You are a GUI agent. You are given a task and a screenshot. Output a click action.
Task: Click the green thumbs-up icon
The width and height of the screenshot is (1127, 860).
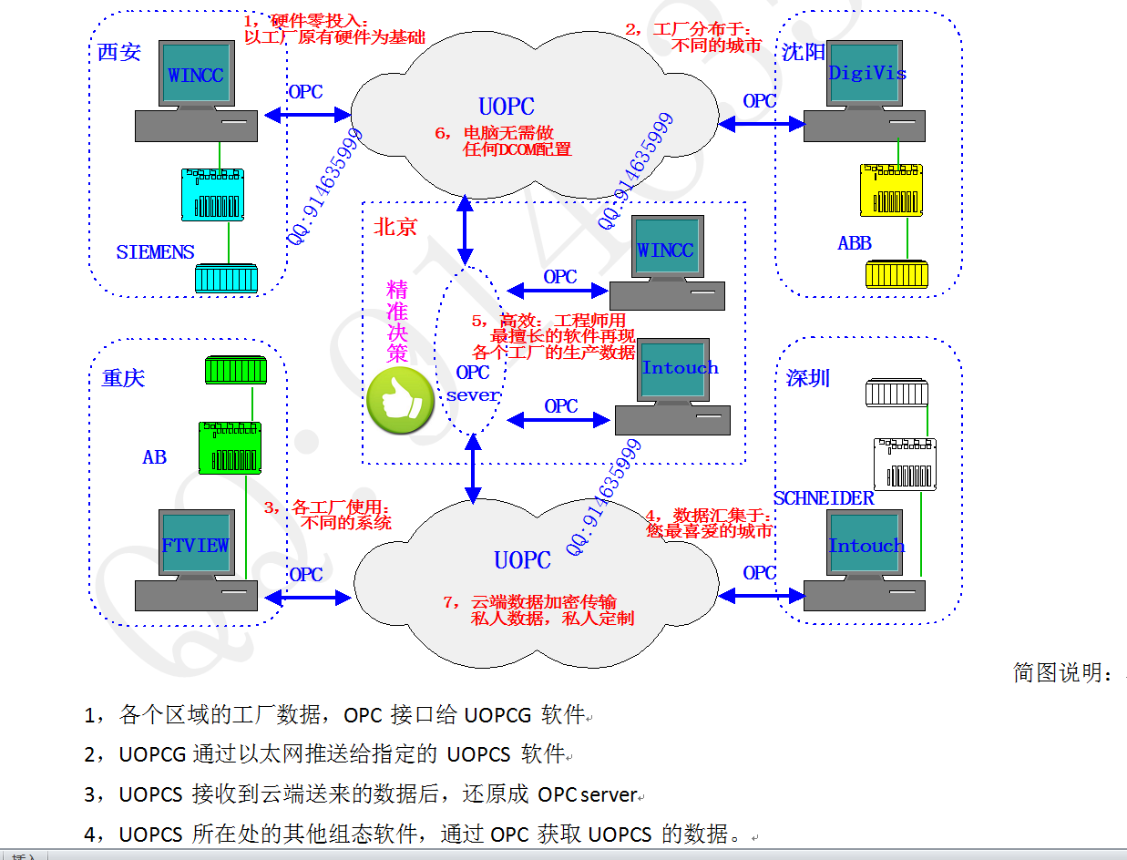(399, 401)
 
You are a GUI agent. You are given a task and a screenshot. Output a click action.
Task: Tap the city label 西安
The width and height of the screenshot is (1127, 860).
(119, 52)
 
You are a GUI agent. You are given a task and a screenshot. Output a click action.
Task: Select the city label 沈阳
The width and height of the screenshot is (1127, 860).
(803, 52)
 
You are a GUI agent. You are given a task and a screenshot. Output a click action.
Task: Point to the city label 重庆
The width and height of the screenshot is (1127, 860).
(123, 377)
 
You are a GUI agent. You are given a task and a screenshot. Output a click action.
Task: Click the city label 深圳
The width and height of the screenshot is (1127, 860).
(808, 377)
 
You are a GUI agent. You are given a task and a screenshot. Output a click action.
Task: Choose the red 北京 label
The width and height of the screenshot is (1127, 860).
(395, 227)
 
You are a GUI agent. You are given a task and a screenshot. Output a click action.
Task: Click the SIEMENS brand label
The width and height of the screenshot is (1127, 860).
(155, 252)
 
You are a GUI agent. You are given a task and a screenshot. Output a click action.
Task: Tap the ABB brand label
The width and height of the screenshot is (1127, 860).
(855, 243)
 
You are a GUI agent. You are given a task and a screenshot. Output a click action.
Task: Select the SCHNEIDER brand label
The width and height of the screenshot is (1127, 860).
(824, 498)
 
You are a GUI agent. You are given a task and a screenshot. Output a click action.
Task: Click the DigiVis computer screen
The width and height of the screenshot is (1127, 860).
(866, 73)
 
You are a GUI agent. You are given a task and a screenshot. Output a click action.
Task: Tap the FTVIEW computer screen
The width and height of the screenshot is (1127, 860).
(196, 545)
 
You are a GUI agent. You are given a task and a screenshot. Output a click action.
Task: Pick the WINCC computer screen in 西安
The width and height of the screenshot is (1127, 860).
(196, 75)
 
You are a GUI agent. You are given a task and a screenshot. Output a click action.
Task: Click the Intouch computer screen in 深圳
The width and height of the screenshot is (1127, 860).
(866, 545)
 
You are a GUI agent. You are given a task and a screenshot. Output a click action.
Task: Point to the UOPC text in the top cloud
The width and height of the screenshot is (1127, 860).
(507, 107)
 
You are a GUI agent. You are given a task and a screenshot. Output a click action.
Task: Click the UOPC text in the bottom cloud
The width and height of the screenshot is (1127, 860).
(522, 560)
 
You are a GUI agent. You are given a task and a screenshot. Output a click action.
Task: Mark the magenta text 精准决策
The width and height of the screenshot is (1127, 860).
(397, 321)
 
